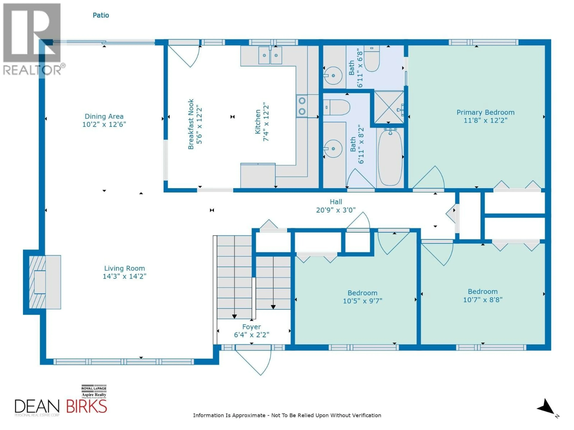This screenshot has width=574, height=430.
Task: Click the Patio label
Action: coord(101,15)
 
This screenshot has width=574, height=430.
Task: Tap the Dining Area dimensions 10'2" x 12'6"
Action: coord(104,124)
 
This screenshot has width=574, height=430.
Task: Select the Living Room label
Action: coord(124,268)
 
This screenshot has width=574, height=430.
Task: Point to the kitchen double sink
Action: coord(270,55)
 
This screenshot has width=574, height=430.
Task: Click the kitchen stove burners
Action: coord(302,106)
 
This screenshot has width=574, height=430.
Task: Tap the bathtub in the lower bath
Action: coord(390,158)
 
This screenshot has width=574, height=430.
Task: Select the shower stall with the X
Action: coord(388,107)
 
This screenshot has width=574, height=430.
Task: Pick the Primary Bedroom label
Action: coord(485,112)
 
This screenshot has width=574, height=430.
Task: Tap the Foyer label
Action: coord(251,327)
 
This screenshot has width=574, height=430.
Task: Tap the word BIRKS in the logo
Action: coord(86,406)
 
